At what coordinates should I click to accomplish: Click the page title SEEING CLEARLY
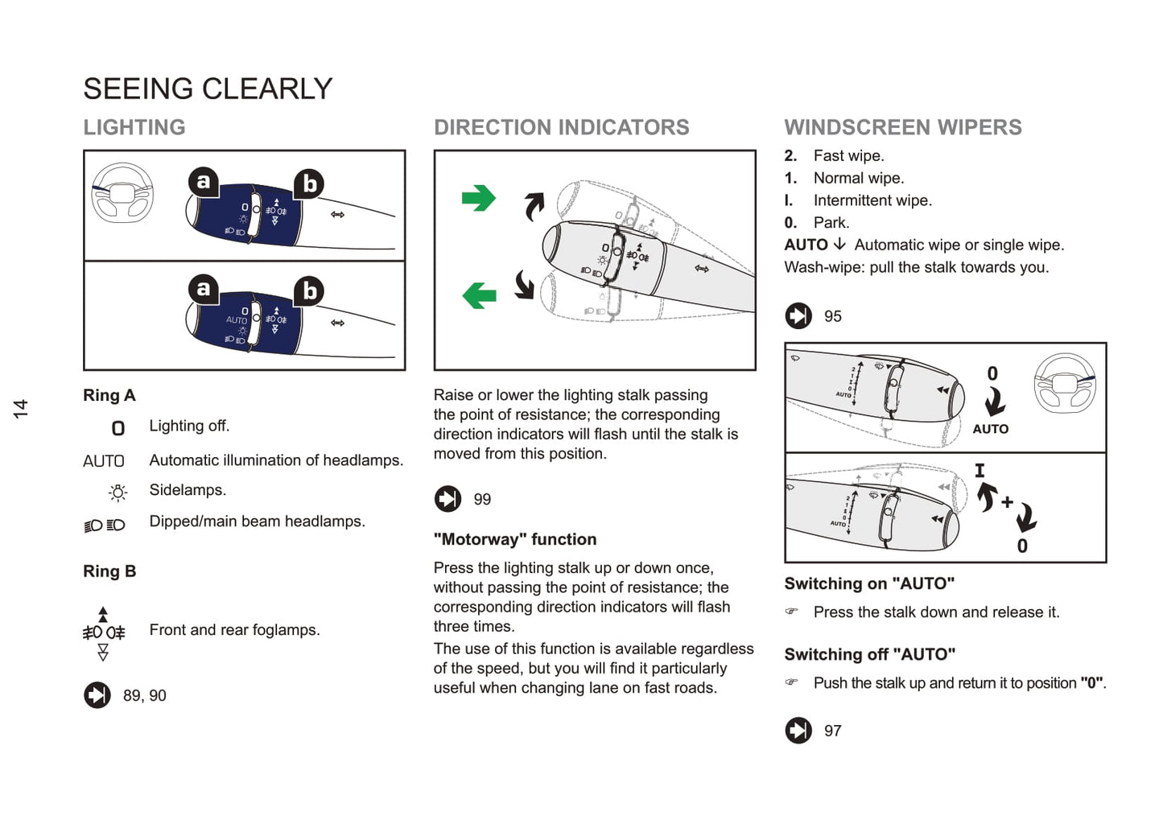click(x=208, y=89)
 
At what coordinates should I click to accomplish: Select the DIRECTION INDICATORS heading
click(x=561, y=127)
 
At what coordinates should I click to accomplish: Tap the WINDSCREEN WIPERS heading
click(x=902, y=127)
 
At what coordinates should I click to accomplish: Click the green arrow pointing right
click(x=478, y=198)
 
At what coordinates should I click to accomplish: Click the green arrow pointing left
click(x=479, y=295)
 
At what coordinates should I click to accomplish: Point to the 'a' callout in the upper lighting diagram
click(x=204, y=182)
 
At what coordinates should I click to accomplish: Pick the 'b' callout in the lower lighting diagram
click(x=309, y=291)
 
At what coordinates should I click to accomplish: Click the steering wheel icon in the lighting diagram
click(x=122, y=193)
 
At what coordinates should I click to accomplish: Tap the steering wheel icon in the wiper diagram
click(x=1064, y=383)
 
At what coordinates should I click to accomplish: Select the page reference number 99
click(x=482, y=500)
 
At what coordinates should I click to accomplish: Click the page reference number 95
click(x=832, y=317)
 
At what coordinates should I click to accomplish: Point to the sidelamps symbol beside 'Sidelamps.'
click(x=118, y=492)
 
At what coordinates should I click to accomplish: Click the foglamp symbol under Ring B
click(x=103, y=633)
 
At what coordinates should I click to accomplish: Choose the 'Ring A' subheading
click(x=109, y=395)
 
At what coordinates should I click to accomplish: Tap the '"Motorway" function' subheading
click(x=515, y=539)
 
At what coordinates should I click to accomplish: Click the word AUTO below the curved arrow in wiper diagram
click(x=990, y=429)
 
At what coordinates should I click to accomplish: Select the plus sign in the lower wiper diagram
click(x=1007, y=502)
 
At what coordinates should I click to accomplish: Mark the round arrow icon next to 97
click(x=798, y=731)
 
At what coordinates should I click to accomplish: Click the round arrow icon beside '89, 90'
click(x=97, y=695)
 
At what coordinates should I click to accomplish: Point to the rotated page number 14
click(x=21, y=408)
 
